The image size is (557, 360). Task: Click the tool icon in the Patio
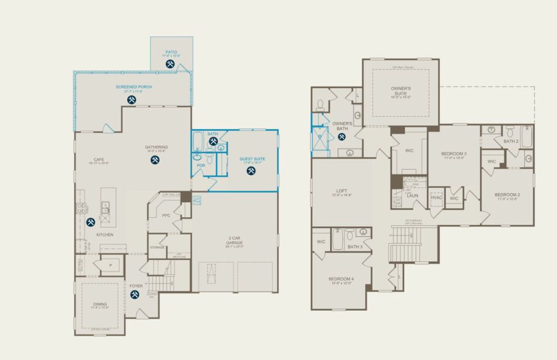tap(170, 62)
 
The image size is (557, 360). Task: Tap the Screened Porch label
tap(134, 87)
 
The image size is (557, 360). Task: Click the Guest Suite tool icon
tap(251, 170)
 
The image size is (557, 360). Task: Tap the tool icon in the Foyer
tap(135, 295)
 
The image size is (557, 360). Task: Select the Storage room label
tap(157, 247)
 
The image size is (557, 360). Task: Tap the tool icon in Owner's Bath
tap(342, 136)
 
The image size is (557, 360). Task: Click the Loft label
tap(340, 191)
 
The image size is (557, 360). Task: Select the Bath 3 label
tap(355, 247)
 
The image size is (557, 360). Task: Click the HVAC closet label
tap(436, 198)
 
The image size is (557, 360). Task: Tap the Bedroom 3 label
tap(454, 154)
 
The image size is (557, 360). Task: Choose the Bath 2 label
tap(510, 142)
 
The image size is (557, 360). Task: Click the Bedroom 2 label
tap(507, 195)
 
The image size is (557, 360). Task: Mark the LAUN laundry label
tap(412, 195)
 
